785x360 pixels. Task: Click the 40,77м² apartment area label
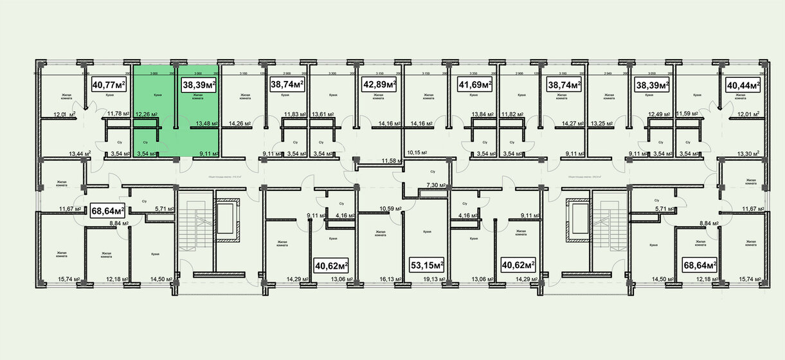pyautogui.click(x=109, y=84)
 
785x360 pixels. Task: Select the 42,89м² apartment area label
pyautogui.click(x=379, y=84)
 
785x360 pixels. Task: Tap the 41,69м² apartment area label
pyautogui.click(x=474, y=84)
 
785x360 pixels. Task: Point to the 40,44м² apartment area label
pyautogui.click(x=743, y=84)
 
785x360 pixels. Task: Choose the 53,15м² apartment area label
pyautogui.click(x=428, y=264)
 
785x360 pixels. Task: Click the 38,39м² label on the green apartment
pyautogui.click(x=199, y=84)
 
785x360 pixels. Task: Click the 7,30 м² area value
pyautogui.click(x=437, y=184)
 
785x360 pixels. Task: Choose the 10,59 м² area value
pyautogui.click(x=390, y=208)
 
